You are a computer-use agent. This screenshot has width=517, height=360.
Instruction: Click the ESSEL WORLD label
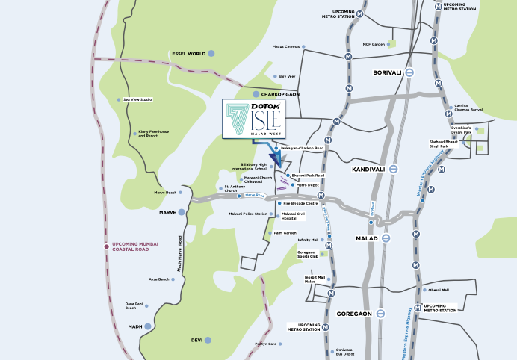click(188, 54)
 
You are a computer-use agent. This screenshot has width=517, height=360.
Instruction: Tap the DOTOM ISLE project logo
click(254, 118)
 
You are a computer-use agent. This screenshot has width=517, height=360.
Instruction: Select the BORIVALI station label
click(388, 72)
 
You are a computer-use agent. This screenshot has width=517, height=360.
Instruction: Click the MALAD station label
click(368, 238)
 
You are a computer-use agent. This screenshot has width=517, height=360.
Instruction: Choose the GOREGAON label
click(355, 314)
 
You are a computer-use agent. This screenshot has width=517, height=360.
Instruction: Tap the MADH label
click(134, 326)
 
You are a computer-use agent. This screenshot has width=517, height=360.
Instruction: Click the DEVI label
click(197, 340)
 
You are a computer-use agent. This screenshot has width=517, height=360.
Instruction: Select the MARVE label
click(167, 213)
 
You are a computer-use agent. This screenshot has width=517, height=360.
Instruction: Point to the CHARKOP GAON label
click(281, 95)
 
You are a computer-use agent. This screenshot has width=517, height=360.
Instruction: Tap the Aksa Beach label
click(158, 279)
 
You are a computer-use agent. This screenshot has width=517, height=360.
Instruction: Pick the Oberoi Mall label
click(438, 290)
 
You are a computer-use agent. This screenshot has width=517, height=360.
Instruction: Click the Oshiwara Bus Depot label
click(344, 352)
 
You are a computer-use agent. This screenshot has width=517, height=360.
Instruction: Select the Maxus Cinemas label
click(285, 46)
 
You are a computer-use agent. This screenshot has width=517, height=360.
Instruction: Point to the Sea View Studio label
click(137, 99)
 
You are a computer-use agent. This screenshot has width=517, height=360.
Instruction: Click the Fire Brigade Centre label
click(300, 203)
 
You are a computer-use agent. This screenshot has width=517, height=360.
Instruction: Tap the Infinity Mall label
click(308, 240)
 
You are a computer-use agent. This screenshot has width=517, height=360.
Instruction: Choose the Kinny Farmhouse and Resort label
click(153, 134)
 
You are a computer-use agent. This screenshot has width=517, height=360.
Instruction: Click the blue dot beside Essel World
click(211, 53)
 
